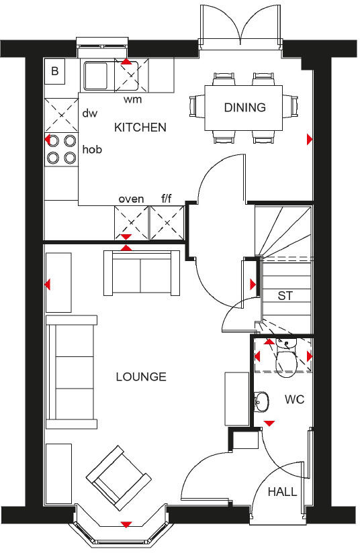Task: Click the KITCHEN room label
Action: pyautogui.click(x=140, y=128)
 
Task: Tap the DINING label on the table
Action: pyautogui.click(x=244, y=107)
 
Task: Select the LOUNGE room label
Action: pyautogui.click(x=140, y=376)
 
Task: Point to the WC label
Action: pyautogui.click(x=294, y=399)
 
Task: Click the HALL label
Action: pyautogui.click(x=282, y=492)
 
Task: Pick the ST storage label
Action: pyautogui.click(x=285, y=295)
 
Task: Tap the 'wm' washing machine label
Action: pyautogui.click(x=133, y=99)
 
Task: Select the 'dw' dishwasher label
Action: pyautogui.click(x=90, y=113)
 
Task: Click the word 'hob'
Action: pyautogui.click(x=92, y=150)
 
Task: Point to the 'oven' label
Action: pyautogui.click(x=132, y=199)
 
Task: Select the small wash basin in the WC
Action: pyautogui.click(x=261, y=401)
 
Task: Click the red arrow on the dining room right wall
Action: pyautogui.click(x=309, y=140)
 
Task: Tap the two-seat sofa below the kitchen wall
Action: pyautogui.click(x=141, y=273)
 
